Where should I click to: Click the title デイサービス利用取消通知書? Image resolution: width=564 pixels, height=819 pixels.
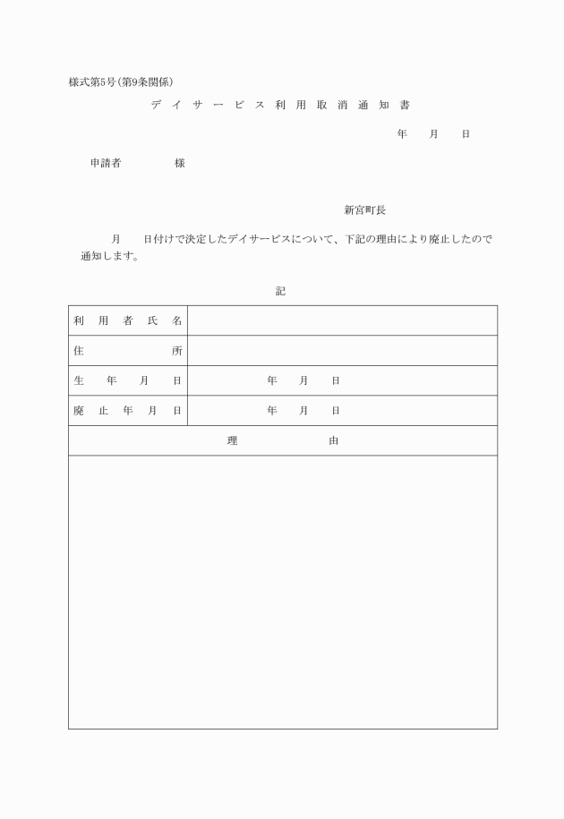click(x=280, y=106)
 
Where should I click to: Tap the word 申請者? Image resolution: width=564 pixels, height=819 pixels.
click(x=106, y=164)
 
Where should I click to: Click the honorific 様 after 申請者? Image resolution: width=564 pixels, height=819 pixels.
click(x=180, y=164)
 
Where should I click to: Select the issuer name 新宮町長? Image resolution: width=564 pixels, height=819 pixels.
click(x=364, y=210)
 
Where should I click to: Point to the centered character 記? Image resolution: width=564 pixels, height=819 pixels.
click(x=281, y=292)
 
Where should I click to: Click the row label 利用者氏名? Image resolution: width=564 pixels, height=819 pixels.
click(x=127, y=320)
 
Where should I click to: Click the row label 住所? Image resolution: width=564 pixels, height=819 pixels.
click(x=127, y=351)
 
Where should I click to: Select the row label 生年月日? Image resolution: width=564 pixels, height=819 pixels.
click(x=127, y=380)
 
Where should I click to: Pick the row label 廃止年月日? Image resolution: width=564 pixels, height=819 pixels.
click(x=127, y=411)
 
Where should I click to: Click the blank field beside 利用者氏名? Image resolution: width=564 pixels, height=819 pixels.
click(x=342, y=320)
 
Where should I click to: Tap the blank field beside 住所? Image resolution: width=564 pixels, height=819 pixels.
click(x=342, y=351)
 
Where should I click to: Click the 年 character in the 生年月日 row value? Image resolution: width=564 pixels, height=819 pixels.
click(x=272, y=380)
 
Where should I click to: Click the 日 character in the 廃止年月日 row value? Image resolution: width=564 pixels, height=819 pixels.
click(x=336, y=411)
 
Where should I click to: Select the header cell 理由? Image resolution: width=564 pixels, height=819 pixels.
click(x=283, y=440)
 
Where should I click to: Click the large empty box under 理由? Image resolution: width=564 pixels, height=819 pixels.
click(x=283, y=591)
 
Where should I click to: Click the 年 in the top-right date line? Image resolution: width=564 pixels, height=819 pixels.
click(x=402, y=134)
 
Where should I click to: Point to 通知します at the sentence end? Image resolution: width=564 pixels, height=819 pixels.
click(x=109, y=256)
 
